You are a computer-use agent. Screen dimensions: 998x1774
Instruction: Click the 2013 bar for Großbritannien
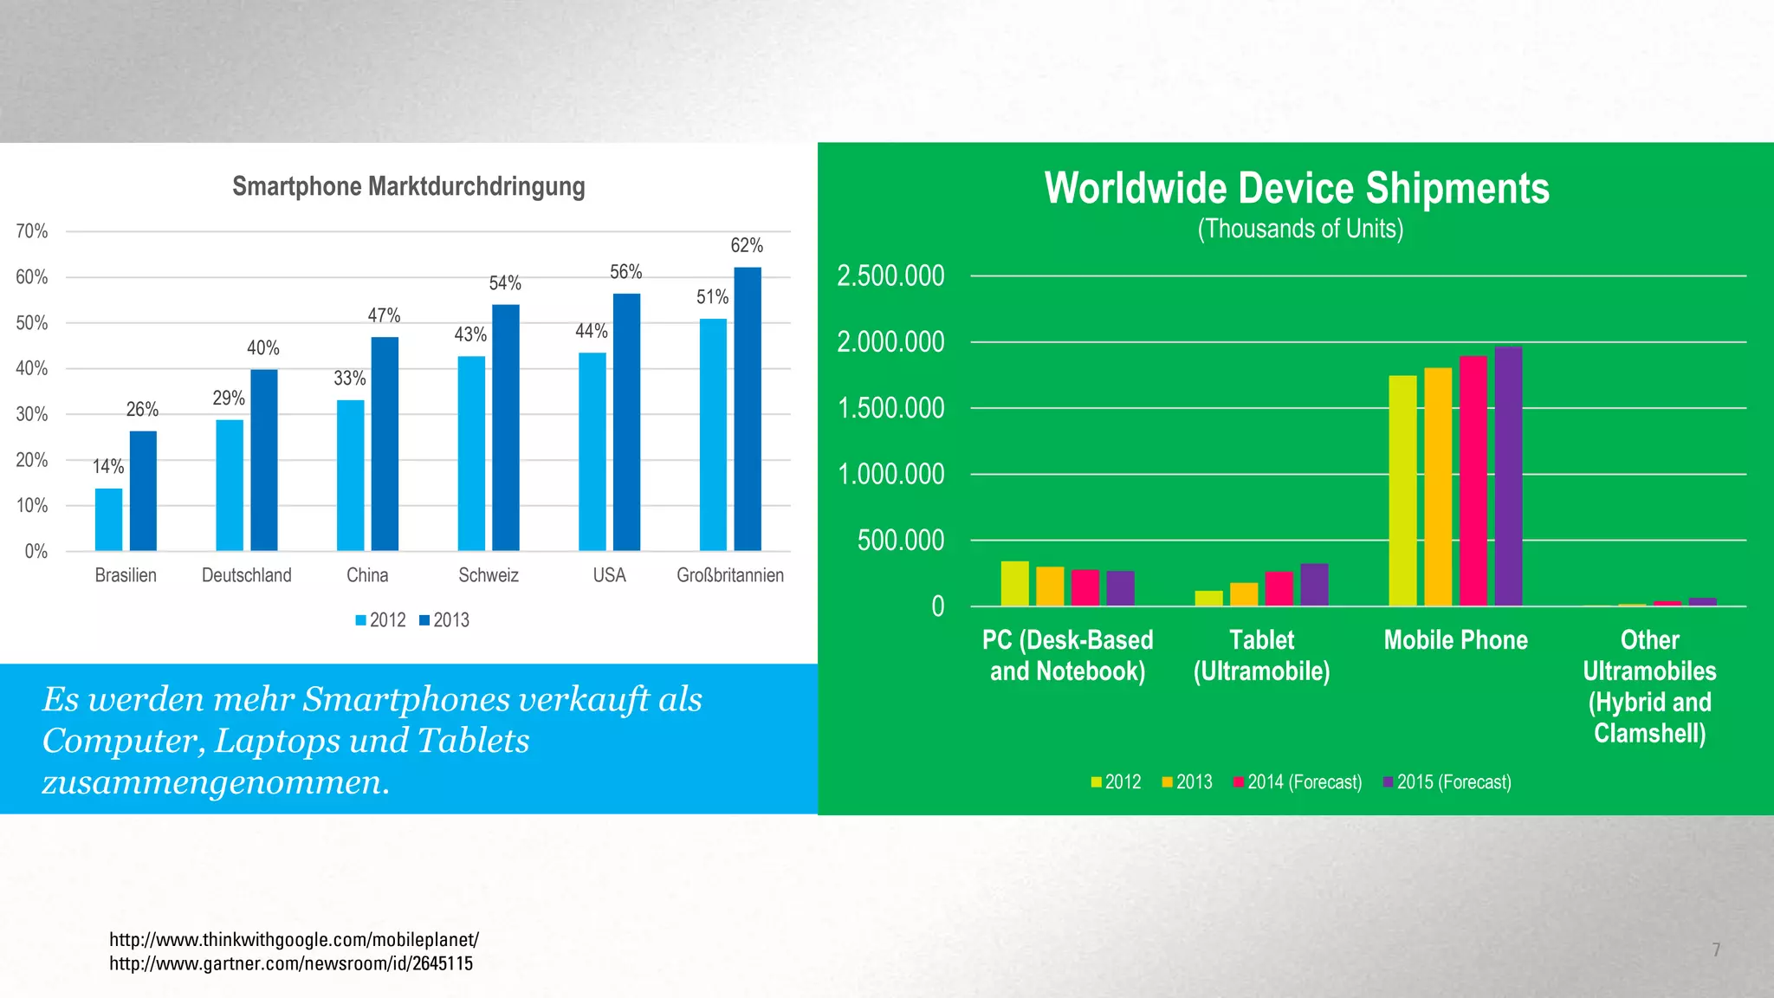[x=748, y=409]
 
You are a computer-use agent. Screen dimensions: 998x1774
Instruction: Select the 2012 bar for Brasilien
[x=109, y=520]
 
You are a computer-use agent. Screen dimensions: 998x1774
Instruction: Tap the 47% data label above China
[x=384, y=315]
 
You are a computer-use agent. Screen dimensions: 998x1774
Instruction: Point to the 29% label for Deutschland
[x=229, y=399]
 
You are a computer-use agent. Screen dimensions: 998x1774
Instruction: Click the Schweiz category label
[x=489, y=575]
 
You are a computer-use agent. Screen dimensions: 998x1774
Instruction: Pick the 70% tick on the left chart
[x=32, y=231]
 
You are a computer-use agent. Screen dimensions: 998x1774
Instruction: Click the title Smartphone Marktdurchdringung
[x=409, y=186]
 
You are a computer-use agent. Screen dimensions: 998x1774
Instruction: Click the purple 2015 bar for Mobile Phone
[x=1508, y=476]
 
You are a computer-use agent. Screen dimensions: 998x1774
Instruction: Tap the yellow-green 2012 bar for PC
[x=1014, y=584]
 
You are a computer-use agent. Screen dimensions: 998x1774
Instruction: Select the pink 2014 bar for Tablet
[x=1279, y=589]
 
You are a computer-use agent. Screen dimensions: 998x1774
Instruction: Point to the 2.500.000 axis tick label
[x=890, y=276]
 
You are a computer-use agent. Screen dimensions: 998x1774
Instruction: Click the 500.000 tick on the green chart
[x=901, y=541]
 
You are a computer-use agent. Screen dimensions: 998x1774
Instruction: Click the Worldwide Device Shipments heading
[x=1297, y=188]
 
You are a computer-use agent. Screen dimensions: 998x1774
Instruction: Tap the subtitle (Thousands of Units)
[x=1300, y=229]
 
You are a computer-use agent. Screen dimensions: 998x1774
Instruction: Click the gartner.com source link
[x=291, y=964]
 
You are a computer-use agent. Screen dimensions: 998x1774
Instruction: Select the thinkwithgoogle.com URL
[x=294, y=940]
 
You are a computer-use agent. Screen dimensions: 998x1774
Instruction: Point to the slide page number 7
[x=1716, y=950]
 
